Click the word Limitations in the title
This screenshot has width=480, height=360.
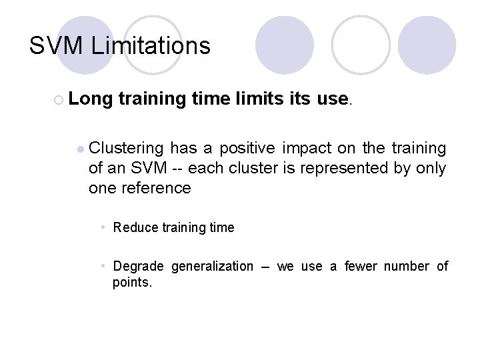151,46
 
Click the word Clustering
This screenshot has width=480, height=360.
126,147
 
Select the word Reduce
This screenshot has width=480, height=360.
135,227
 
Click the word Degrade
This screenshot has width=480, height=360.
138,267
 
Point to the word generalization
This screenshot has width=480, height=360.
213,267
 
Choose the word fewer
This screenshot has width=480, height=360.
359,267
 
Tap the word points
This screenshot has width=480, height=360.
132,282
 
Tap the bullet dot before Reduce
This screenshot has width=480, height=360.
104,227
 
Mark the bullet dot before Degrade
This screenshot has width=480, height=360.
104,267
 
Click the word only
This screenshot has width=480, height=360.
431,167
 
